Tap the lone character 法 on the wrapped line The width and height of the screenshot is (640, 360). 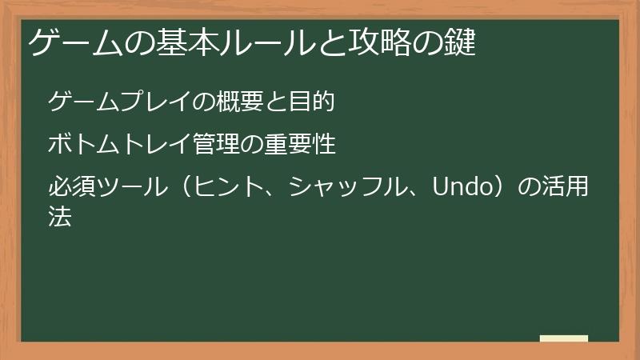coord(60,216)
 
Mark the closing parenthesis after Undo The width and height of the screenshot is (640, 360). coord(505,189)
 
